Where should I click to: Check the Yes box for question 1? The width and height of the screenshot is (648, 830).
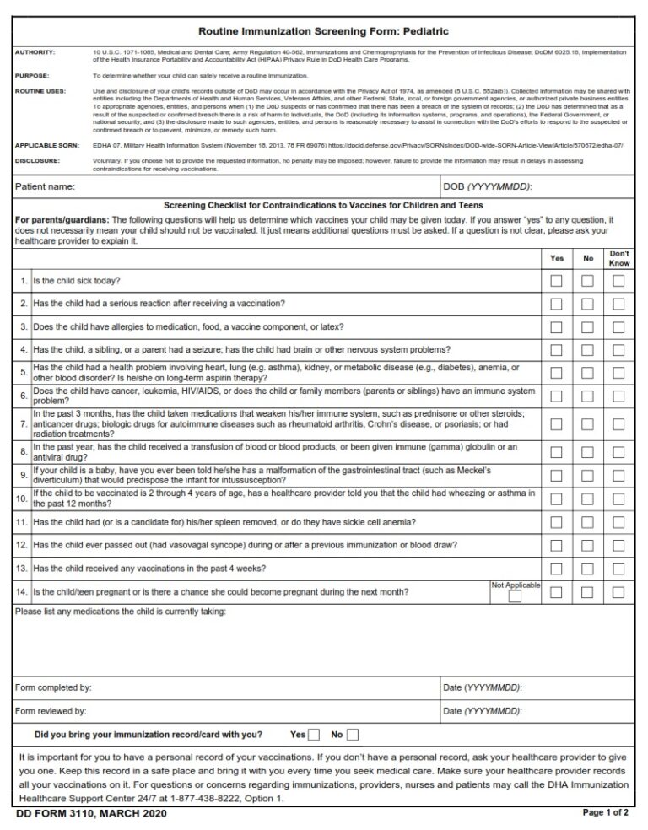tap(556, 281)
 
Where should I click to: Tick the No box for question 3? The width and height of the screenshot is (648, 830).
tap(589, 327)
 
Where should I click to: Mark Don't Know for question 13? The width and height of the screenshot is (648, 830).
tap(618, 569)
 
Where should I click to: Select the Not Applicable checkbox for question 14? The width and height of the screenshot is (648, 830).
tap(515, 597)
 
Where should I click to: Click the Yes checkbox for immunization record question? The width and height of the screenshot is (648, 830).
tap(314, 735)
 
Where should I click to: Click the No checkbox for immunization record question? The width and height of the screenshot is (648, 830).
tap(353, 735)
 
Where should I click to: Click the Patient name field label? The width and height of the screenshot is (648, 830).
tap(46, 186)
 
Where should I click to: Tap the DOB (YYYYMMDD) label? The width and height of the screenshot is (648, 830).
tap(487, 186)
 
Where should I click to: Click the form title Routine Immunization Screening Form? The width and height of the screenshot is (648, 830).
tap(323, 31)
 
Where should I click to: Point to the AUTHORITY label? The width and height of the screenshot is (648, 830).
tap(35, 52)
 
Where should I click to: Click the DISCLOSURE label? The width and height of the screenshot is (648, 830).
tap(37, 160)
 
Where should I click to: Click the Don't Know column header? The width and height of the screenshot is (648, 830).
tap(618, 258)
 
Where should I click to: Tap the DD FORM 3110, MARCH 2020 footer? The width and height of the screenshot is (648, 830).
tap(90, 814)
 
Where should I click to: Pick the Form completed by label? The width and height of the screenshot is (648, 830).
tap(53, 687)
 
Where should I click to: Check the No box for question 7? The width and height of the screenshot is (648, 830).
tap(589, 423)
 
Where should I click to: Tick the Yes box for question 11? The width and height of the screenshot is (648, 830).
tap(556, 523)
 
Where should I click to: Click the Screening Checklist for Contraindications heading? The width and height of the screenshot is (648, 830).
tap(323, 205)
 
